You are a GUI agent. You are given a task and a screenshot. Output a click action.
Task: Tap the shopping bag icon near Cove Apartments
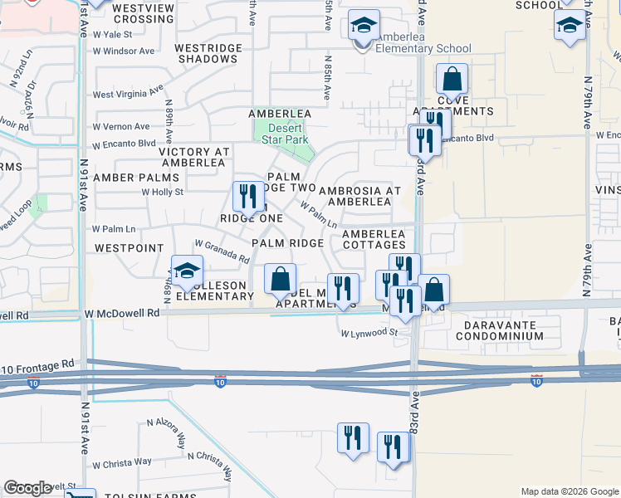click(452, 81)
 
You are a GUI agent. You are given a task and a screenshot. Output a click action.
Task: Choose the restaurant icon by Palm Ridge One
click(247, 198)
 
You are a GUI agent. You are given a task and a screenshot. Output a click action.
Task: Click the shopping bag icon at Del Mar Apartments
click(281, 281)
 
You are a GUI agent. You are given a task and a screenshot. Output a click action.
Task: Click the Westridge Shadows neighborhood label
click(207, 53)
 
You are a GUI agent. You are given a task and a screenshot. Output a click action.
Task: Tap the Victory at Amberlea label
click(193, 157)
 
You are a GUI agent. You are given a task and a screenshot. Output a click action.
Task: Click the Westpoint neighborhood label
click(124, 247)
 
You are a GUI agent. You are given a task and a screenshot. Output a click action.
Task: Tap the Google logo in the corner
click(28, 488)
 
